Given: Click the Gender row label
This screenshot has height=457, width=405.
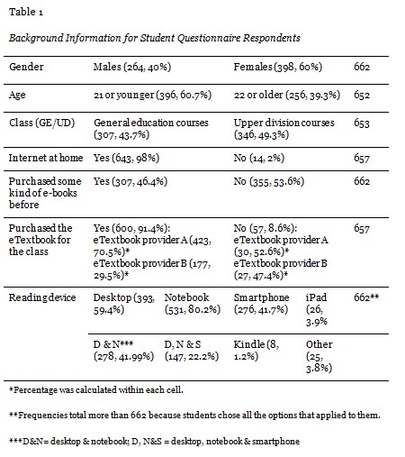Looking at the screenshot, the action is coord(26,68).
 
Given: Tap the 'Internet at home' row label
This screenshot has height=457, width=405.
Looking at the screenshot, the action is coord(44,157).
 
